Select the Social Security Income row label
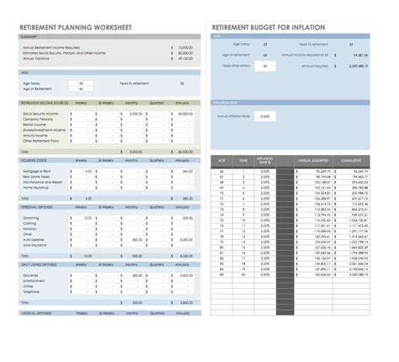(x=40, y=113)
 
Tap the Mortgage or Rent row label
(x=39, y=171)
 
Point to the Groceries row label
(x=33, y=275)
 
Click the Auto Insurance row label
(x=36, y=244)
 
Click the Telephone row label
(x=33, y=290)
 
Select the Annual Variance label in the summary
(x=36, y=58)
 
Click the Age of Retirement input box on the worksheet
(x=81, y=88)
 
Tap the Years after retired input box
(x=264, y=66)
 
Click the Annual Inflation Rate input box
(x=264, y=116)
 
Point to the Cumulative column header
(x=351, y=160)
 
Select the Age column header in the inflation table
(x=221, y=160)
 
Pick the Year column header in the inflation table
(x=242, y=160)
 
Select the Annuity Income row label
(x=36, y=135)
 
